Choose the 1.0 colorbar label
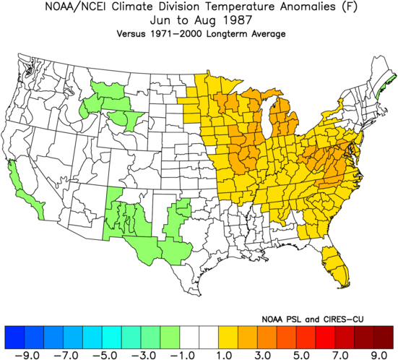tap(225, 355)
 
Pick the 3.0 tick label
tap(264, 355)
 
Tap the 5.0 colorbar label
tap(303, 355)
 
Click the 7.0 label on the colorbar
tap(341, 355)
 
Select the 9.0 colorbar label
tap(380, 355)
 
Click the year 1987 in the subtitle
tap(238, 20)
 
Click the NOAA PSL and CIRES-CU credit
tap(313, 319)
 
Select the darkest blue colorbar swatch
tap(14, 338)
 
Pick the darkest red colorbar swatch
tap(384, 338)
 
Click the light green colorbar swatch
tap(170, 338)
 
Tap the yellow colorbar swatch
tap(228, 338)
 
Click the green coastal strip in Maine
tap(386, 85)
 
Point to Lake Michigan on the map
tap(267, 119)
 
